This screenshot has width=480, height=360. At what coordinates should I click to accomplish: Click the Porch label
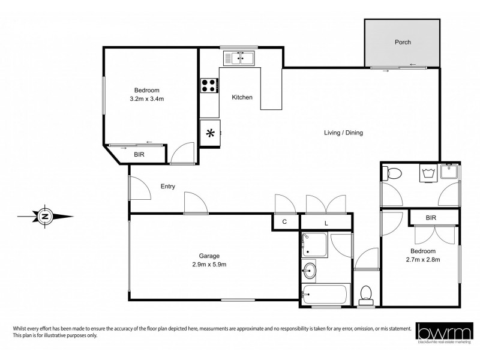[402, 43]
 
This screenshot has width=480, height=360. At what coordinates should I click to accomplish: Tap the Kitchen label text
[242, 97]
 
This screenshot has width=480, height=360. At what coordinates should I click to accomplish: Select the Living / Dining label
[343, 133]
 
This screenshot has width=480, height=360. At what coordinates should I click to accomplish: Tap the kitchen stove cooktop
[209, 86]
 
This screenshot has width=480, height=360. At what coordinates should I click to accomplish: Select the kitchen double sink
[239, 58]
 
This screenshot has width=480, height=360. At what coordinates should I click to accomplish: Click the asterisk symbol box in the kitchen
[210, 133]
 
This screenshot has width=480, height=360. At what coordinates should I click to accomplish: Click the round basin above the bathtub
[310, 270]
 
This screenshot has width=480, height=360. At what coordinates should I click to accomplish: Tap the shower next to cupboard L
[314, 244]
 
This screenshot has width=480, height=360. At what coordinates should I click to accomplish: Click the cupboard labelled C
[284, 221]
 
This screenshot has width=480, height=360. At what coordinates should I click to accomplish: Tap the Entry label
[167, 187]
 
